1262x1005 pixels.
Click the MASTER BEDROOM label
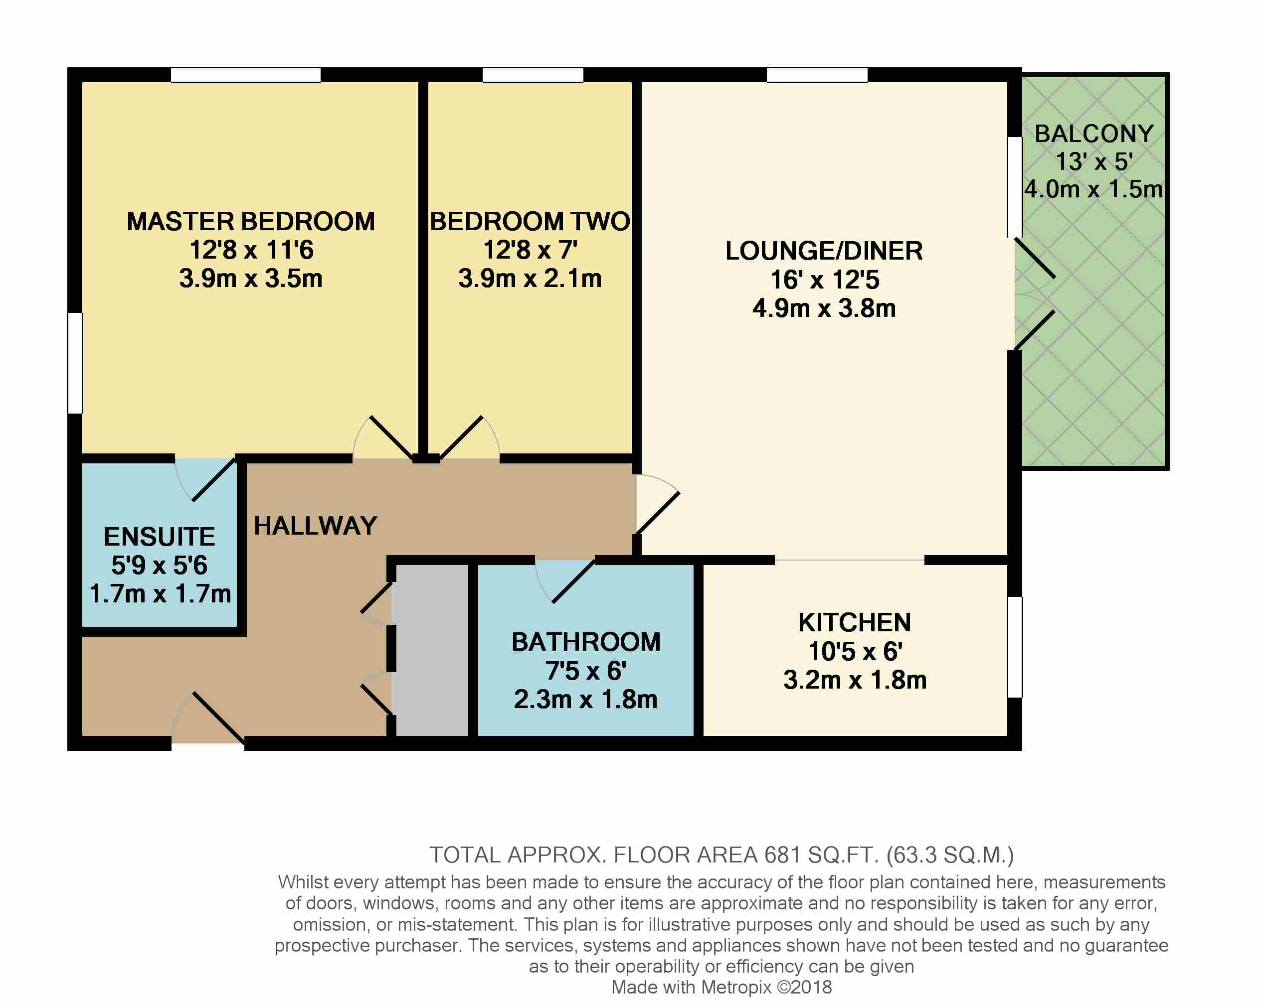tap(250, 222)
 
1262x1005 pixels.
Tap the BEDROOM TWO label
tap(530, 222)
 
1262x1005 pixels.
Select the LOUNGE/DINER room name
tap(824, 251)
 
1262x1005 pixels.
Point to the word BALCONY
tap(1094, 134)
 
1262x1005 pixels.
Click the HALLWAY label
tap(316, 526)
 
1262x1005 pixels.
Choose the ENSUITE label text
tap(160, 537)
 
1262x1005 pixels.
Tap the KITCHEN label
tap(855, 622)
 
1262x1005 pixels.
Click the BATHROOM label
tap(586, 642)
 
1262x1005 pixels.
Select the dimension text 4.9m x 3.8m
tap(824, 308)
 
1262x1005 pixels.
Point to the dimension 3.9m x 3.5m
tap(250, 279)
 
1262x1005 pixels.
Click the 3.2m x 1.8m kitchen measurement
tap(855, 680)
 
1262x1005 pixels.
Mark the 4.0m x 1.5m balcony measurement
tap(1093, 189)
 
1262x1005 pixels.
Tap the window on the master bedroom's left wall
tap(75, 363)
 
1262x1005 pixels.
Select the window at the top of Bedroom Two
tap(533, 75)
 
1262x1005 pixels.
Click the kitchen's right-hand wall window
tap(1014, 647)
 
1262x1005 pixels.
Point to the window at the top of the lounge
tap(817, 75)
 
